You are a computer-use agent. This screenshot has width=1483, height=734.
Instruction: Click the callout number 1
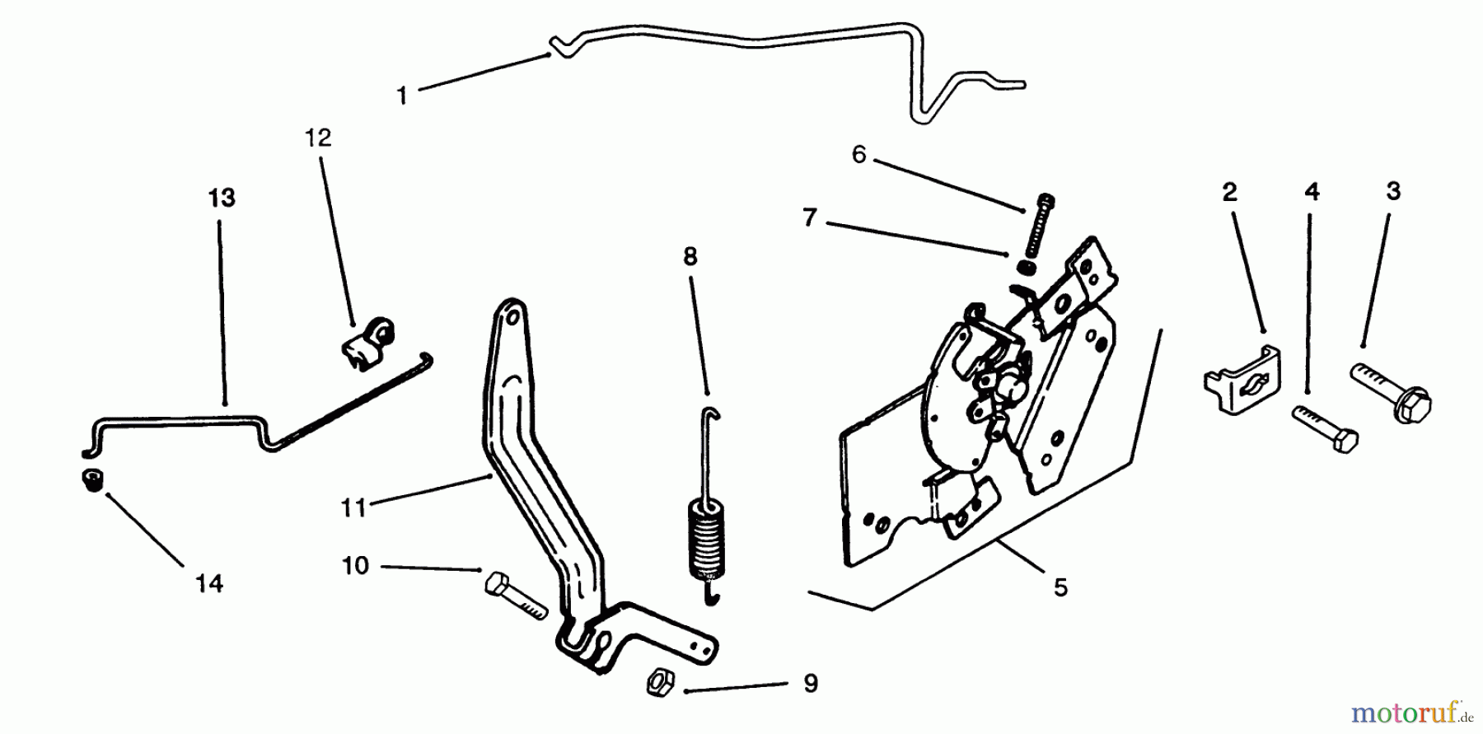[x=402, y=96]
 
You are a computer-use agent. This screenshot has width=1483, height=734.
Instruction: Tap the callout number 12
[x=318, y=138]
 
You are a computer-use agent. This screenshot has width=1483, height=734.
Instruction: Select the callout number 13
[x=222, y=198]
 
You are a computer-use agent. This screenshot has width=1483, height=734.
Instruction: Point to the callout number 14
[x=209, y=583]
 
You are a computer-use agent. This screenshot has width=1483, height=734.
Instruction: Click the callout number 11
[x=353, y=507]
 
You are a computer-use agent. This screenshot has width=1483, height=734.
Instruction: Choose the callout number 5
[x=1060, y=587]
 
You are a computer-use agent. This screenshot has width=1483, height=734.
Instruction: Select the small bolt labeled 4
[x=1326, y=428]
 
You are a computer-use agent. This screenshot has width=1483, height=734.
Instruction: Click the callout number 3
[x=1393, y=191]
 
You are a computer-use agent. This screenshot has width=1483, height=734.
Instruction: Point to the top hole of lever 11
[x=512, y=315]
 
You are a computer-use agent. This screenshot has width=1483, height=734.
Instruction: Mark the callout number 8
[x=690, y=257]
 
